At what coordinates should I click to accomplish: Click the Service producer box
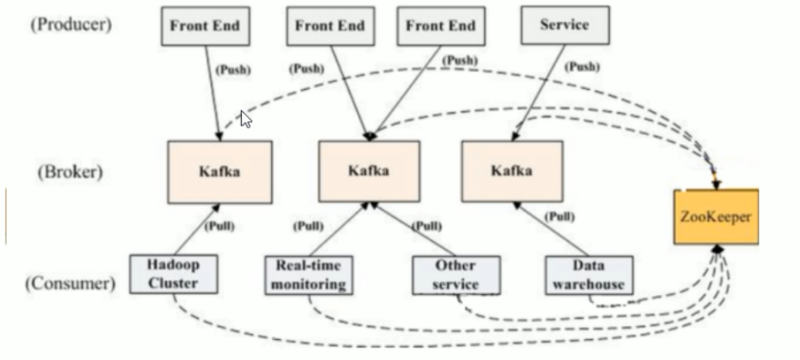tap(565, 26)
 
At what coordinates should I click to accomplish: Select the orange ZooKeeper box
tap(715, 217)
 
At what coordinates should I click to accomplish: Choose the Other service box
tap(456, 275)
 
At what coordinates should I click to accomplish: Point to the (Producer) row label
tap(70, 26)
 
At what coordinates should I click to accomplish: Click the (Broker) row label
tap(70, 171)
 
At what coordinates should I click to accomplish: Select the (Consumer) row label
tap(70, 284)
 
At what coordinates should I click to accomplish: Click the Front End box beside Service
tap(440, 26)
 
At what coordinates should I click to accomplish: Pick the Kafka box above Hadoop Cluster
tap(219, 171)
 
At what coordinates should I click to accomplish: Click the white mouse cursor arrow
tap(246, 120)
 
